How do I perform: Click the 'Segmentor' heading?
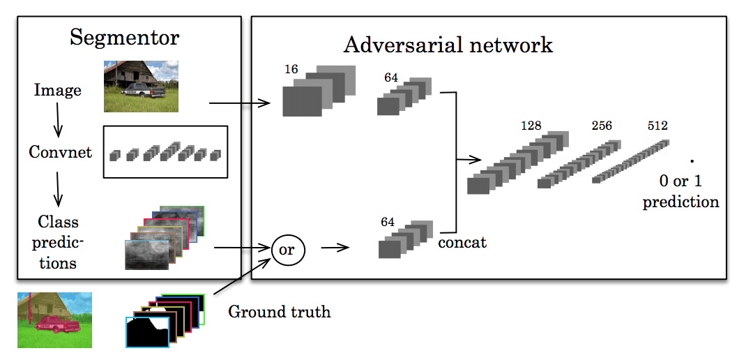pos(125,37)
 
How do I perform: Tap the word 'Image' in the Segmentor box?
pos(57,90)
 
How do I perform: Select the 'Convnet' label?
pos(60,151)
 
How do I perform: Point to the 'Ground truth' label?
pos(279,311)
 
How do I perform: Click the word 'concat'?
pos(462,243)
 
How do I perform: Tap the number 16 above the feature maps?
pos(291,70)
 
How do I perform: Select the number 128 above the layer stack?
pos(531,126)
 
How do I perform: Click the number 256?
pos(602,126)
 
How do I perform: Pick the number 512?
pos(657,126)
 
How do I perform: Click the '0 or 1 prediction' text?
pos(680,191)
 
